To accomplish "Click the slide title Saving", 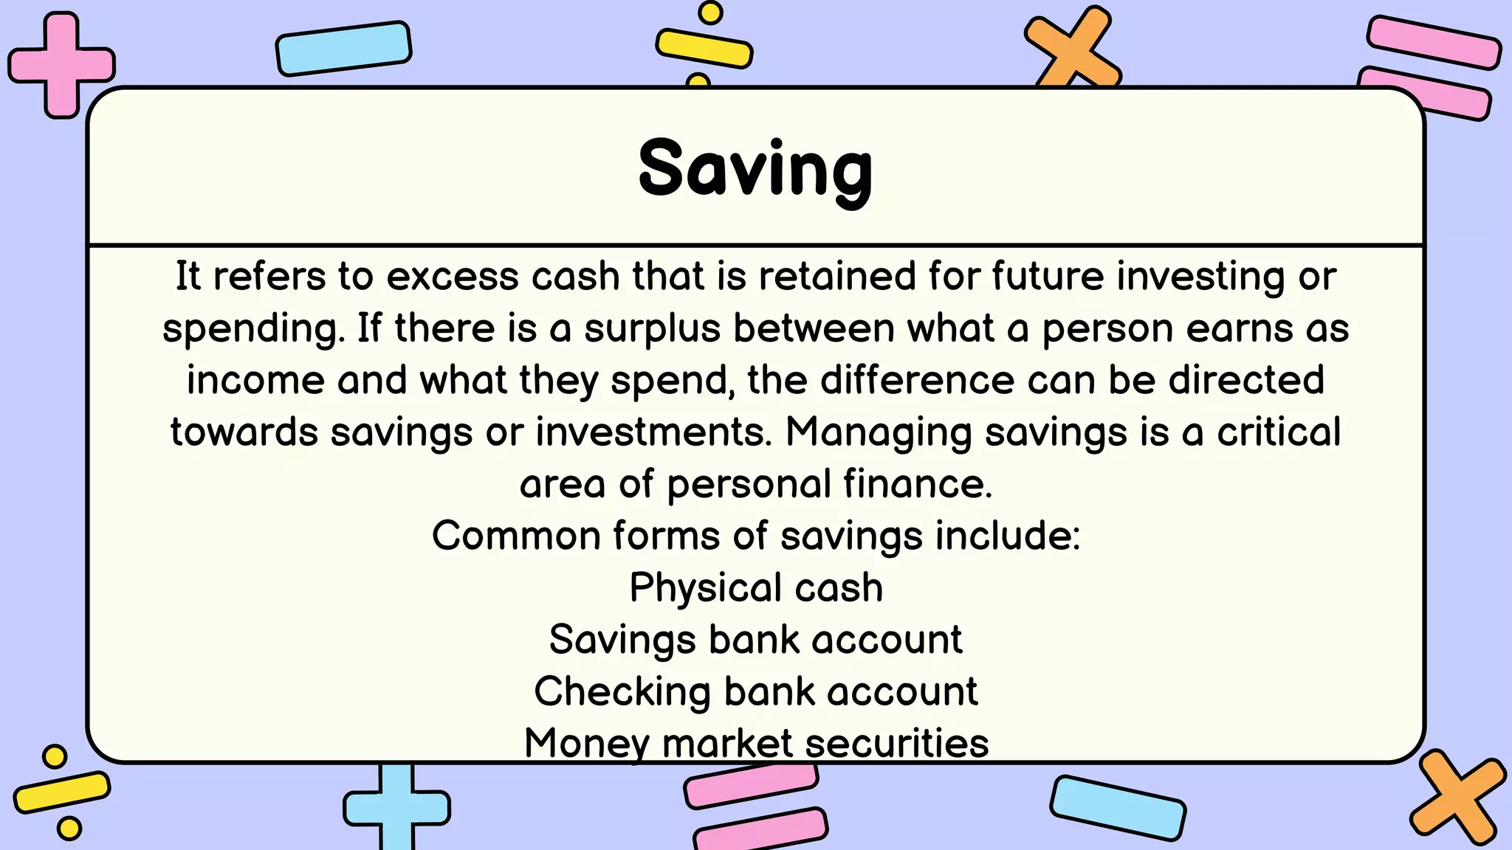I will (x=755, y=170).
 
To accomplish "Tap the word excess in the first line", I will (x=452, y=277).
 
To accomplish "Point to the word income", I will (x=255, y=381).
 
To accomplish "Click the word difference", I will (x=917, y=381).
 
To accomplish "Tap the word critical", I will (x=1279, y=432).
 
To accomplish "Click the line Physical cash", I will (x=756, y=589).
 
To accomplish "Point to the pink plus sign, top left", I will (x=61, y=65).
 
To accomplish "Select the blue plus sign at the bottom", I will (x=396, y=807).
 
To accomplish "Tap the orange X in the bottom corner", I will (x=1457, y=798).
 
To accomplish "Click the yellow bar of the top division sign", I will (x=704, y=48).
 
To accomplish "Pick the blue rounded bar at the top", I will (x=343, y=49).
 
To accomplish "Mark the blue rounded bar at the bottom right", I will (x=1118, y=807).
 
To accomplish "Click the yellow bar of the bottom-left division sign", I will (x=62, y=792).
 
